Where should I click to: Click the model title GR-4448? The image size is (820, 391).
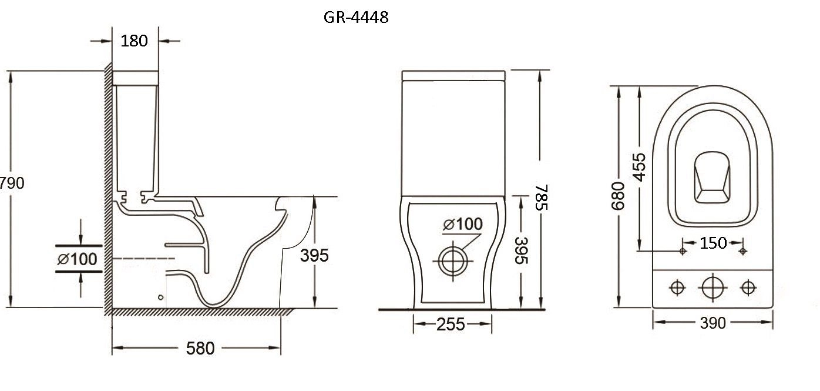356,17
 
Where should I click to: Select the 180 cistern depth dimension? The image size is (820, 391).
134,41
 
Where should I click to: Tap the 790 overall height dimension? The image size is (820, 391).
12,183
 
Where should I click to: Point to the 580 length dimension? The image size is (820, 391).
200,348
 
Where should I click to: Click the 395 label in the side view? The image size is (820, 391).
314,255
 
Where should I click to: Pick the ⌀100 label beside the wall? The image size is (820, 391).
77,259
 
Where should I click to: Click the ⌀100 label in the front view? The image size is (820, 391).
463,224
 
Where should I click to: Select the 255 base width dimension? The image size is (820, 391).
451,325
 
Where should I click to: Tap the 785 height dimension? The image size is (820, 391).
542,198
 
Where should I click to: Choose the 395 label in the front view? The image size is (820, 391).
521,250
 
